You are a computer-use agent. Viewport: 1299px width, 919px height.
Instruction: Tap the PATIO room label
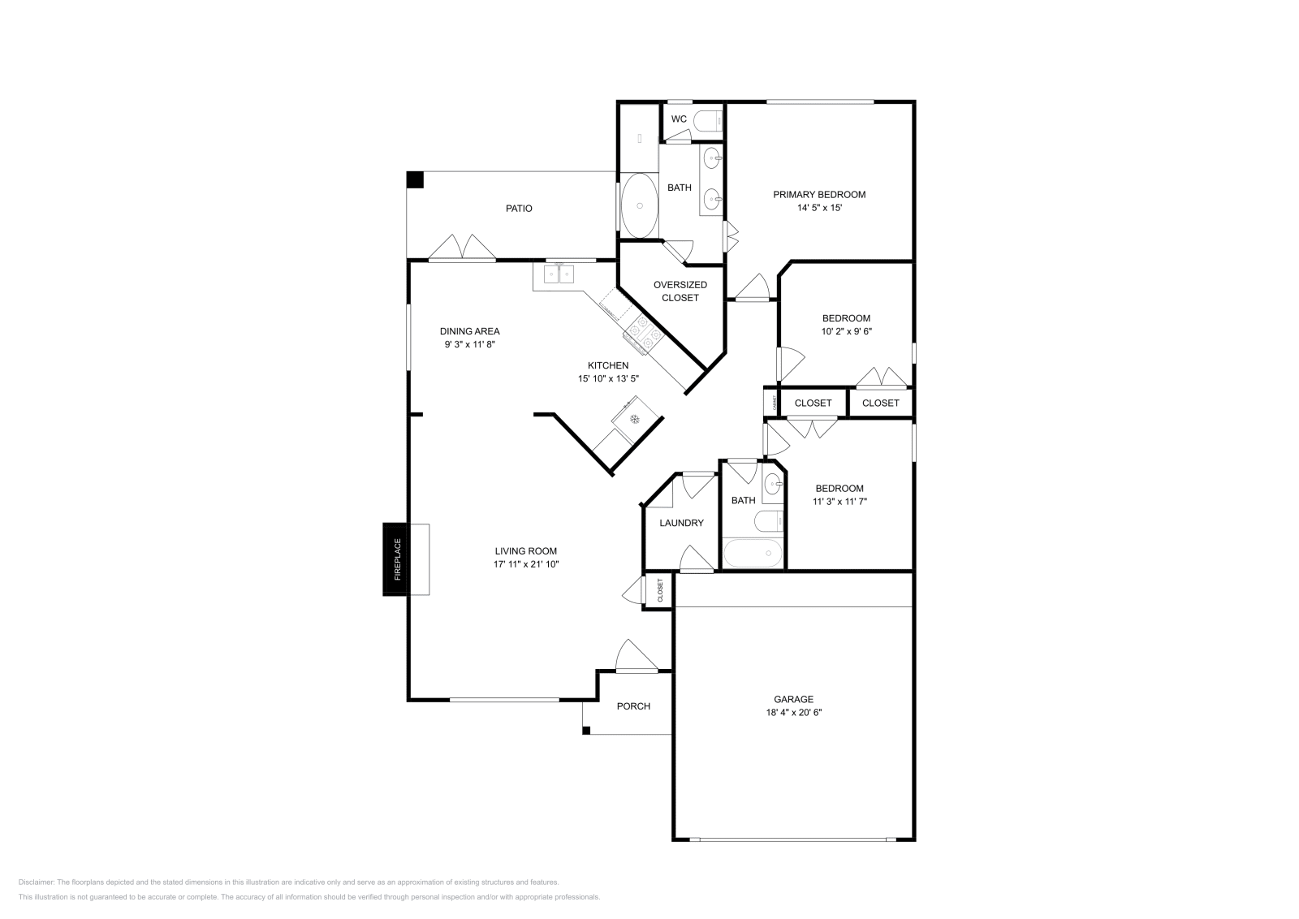(x=519, y=209)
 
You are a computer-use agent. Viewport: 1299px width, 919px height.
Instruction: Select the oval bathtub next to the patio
(x=640, y=205)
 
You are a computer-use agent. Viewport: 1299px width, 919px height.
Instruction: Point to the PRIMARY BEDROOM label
(x=818, y=195)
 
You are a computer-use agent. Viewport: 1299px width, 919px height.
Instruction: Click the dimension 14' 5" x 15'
(x=818, y=208)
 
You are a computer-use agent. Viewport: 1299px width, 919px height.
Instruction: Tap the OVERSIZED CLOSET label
(x=680, y=291)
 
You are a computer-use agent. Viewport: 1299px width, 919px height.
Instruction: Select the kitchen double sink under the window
(x=559, y=274)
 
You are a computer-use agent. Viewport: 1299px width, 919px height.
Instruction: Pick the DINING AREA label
(x=469, y=331)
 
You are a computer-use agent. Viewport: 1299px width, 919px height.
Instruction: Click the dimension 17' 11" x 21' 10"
(x=526, y=564)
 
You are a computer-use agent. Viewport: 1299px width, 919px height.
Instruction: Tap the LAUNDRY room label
(x=681, y=523)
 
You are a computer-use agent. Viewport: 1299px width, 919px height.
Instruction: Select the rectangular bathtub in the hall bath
(x=753, y=554)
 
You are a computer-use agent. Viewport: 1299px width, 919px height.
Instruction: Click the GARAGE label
(x=793, y=699)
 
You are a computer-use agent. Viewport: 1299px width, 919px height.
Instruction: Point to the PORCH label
(x=633, y=706)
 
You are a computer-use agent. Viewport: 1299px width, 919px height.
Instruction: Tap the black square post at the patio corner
(x=415, y=179)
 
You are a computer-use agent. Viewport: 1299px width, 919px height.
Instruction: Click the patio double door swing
(x=462, y=248)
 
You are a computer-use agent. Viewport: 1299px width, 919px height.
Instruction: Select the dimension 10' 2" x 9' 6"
(x=846, y=331)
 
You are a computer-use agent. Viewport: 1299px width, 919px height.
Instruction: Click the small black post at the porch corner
(x=585, y=731)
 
